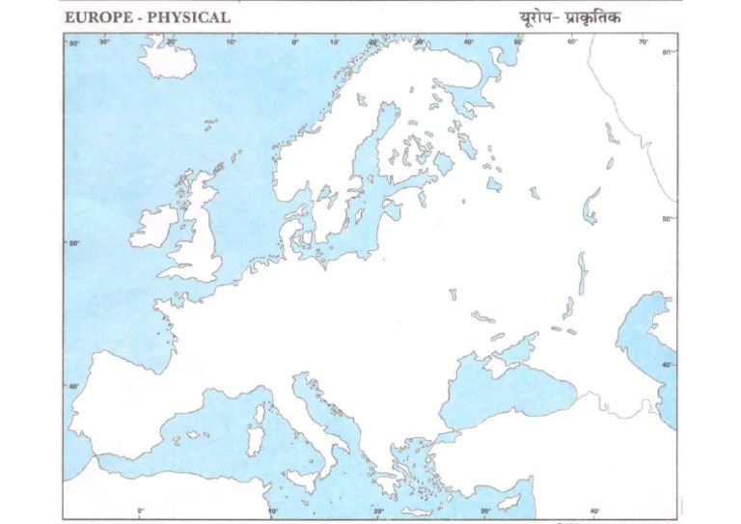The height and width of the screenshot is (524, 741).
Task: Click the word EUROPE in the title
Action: tap(98, 17)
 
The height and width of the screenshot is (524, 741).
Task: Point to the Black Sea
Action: tap(492, 396)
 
